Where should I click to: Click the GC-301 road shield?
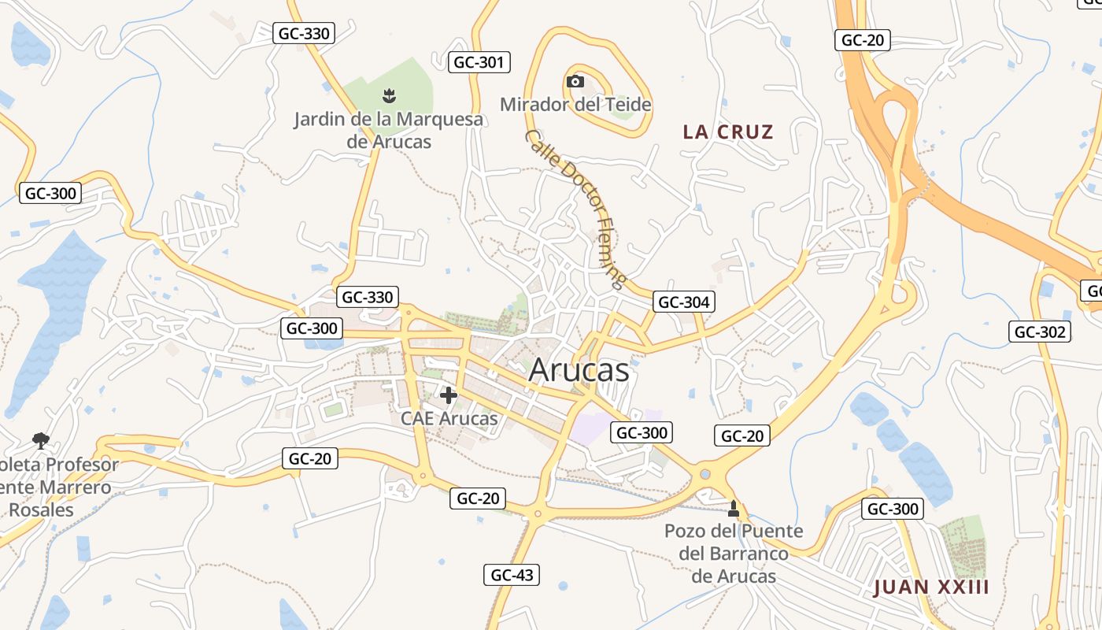click(x=479, y=62)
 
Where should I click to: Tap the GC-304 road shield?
click(x=683, y=302)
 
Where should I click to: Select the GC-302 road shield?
click(x=1040, y=332)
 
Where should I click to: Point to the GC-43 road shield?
click(x=512, y=575)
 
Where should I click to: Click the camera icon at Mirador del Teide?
click(x=575, y=81)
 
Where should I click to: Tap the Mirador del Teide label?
click(x=575, y=104)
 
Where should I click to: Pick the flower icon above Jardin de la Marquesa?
click(x=388, y=96)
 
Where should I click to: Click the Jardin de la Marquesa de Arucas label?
click(x=388, y=131)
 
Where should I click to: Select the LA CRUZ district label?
click(x=728, y=132)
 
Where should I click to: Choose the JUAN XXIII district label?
click(x=931, y=587)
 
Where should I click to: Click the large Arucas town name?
click(x=579, y=370)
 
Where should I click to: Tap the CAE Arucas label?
click(x=449, y=418)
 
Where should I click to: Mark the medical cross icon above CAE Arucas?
click(x=449, y=395)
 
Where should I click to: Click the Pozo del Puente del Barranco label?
click(x=734, y=554)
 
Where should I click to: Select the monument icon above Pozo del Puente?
click(x=734, y=509)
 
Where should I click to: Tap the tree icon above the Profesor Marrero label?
click(x=40, y=441)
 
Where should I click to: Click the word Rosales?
click(x=41, y=510)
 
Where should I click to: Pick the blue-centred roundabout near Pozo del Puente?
click(x=704, y=474)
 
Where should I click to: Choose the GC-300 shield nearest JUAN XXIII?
click(x=893, y=509)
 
